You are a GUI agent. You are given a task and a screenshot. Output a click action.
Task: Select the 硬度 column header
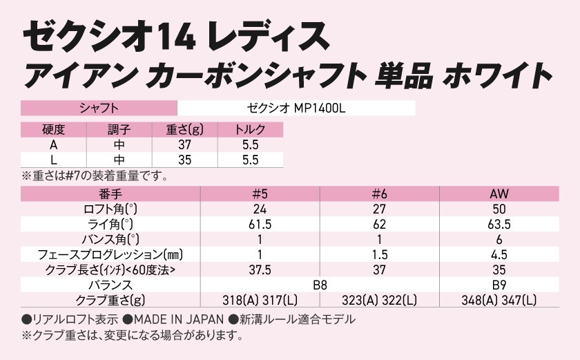coord(53,129)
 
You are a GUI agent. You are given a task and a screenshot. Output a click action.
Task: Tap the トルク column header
coord(250,129)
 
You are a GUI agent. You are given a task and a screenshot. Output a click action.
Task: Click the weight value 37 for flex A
coord(184,144)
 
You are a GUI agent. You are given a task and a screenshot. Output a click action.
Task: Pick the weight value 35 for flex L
coord(184,160)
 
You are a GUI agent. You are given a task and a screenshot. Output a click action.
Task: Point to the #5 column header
coord(260,193)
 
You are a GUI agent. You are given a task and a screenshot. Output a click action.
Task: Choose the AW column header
coord(499,193)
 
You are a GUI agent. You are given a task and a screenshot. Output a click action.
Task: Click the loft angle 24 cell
coord(260,209)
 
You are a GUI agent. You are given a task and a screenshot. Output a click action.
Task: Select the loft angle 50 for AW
coord(499,209)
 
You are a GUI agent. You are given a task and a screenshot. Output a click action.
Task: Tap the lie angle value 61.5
coord(260,224)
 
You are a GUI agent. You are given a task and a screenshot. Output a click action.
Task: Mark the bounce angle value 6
coord(499,239)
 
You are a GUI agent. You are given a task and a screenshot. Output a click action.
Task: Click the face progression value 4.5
coord(499,254)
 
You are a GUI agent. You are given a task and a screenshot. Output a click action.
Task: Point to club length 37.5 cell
coord(260,269)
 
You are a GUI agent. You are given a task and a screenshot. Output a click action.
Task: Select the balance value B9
coord(499,285)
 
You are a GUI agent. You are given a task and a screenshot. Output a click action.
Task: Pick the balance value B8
coord(319,285)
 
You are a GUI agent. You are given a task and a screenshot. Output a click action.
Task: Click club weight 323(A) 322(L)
coord(379,300)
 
